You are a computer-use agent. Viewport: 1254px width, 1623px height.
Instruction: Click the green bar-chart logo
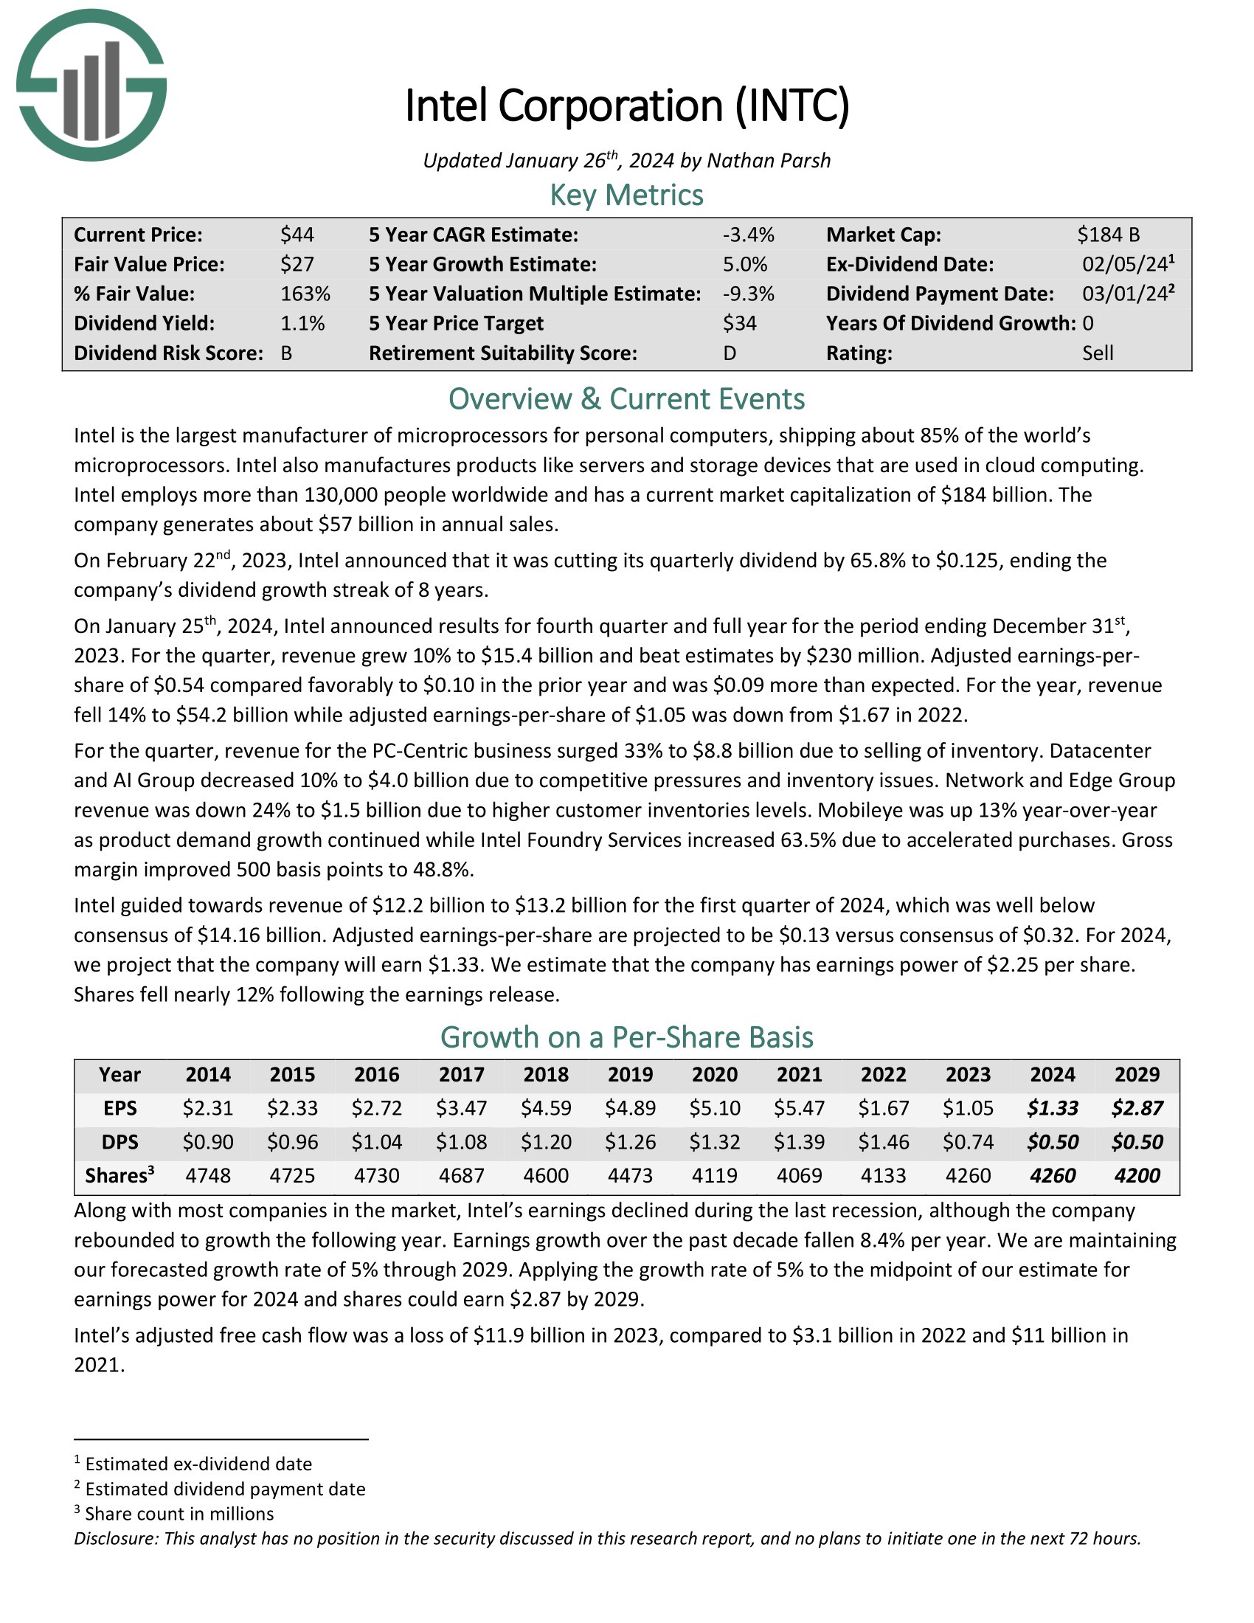[x=91, y=85]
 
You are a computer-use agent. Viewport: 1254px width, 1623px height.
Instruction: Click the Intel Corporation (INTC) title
[x=626, y=105]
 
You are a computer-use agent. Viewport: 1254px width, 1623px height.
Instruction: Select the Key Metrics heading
[x=626, y=195]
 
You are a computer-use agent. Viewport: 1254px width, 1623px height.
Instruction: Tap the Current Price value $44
[x=297, y=235]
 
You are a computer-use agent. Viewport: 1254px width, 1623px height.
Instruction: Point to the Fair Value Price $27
[x=297, y=265]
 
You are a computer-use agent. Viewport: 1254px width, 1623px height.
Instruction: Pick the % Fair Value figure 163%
[x=305, y=294]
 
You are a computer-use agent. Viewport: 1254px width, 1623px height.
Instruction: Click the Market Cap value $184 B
[x=1109, y=235]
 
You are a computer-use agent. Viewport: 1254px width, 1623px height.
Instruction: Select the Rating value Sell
[x=1098, y=353]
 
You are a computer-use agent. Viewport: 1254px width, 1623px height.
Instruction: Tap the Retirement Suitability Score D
[x=730, y=353]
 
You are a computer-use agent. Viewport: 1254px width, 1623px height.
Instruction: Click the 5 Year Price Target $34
[x=739, y=323]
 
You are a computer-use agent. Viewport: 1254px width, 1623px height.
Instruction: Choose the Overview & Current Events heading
[x=626, y=399]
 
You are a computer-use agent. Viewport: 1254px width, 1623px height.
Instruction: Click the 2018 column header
[x=546, y=1075]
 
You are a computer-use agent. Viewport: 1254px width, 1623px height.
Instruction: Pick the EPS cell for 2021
[x=800, y=1108]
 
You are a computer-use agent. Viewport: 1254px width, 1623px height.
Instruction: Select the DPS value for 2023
[x=968, y=1141]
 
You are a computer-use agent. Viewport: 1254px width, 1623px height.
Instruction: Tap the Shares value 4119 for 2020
[x=715, y=1175]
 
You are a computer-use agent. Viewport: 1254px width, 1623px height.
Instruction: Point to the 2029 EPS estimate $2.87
[x=1137, y=1108]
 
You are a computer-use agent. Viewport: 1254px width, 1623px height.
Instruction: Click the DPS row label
[x=119, y=1141]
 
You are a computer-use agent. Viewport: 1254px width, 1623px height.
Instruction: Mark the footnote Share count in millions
[x=179, y=1514]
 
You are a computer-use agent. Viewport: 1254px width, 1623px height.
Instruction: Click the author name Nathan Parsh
[x=768, y=161]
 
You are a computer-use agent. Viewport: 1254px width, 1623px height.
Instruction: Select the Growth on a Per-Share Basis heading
[x=626, y=1037]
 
